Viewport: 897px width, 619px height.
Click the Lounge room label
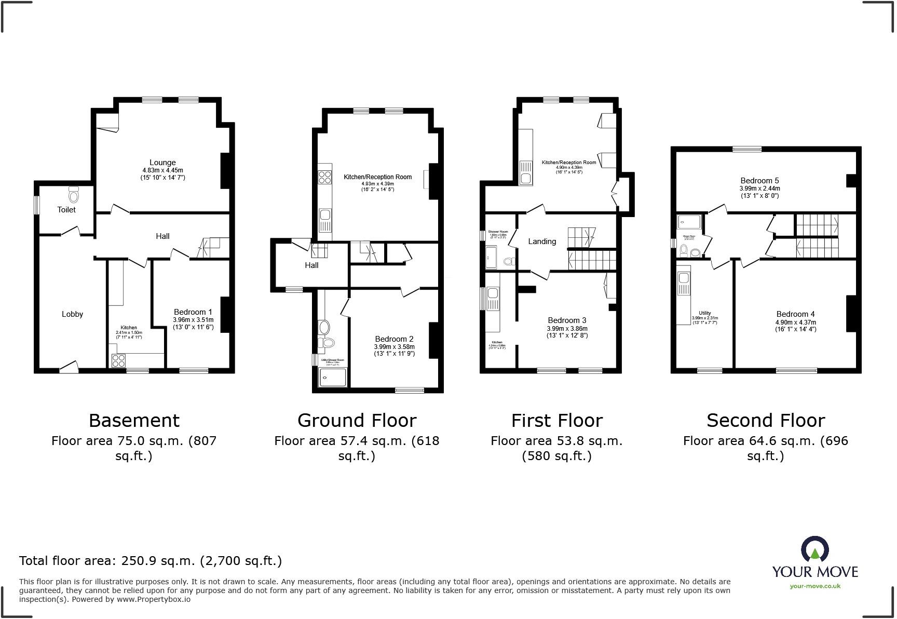[x=162, y=163]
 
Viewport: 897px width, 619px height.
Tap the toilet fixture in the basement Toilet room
[x=73, y=196]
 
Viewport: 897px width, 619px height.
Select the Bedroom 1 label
[x=193, y=312]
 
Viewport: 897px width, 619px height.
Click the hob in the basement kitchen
[x=118, y=360]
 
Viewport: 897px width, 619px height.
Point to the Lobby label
[x=72, y=314]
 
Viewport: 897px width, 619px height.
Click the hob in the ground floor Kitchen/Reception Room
[x=325, y=177]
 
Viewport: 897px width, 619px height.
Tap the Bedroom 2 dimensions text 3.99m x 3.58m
[x=394, y=347]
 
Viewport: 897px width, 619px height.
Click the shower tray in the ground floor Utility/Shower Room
[x=332, y=378]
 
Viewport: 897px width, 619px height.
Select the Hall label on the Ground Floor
[x=311, y=265]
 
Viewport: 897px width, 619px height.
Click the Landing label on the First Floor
[x=542, y=241]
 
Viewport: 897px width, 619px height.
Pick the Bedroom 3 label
[x=567, y=320]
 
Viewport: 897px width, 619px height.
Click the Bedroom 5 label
[x=759, y=181]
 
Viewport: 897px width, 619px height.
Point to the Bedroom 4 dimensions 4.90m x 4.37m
[x=796, y=322]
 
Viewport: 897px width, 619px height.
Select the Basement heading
[x=134, y=420]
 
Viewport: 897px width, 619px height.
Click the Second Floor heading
[x=765, y=420]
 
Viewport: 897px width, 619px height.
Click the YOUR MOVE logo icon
[x=814, y=549]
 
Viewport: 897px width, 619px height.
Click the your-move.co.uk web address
[x=814, y=586]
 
